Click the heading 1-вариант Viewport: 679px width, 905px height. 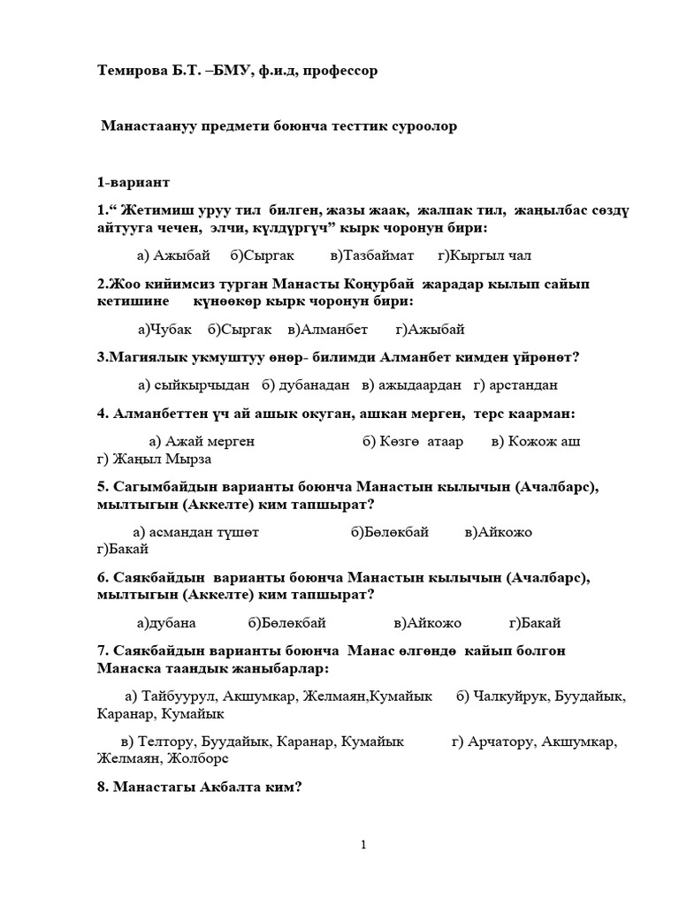tap(134, 183)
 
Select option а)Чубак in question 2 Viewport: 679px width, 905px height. tap(164, 330)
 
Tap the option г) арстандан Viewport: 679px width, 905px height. tap(515, 385)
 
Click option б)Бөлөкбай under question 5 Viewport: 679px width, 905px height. tap(390, 532)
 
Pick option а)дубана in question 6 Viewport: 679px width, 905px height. tap(166, 622)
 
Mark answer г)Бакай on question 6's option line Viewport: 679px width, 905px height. tap(535, 622)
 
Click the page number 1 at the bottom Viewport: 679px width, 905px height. tap(363, 846)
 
